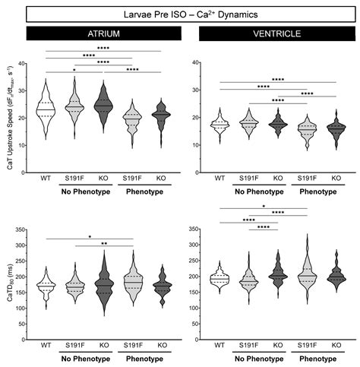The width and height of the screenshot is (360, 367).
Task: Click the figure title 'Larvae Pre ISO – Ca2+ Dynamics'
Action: coord(180,13)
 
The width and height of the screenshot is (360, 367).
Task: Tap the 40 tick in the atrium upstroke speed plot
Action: coord(30,64)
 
